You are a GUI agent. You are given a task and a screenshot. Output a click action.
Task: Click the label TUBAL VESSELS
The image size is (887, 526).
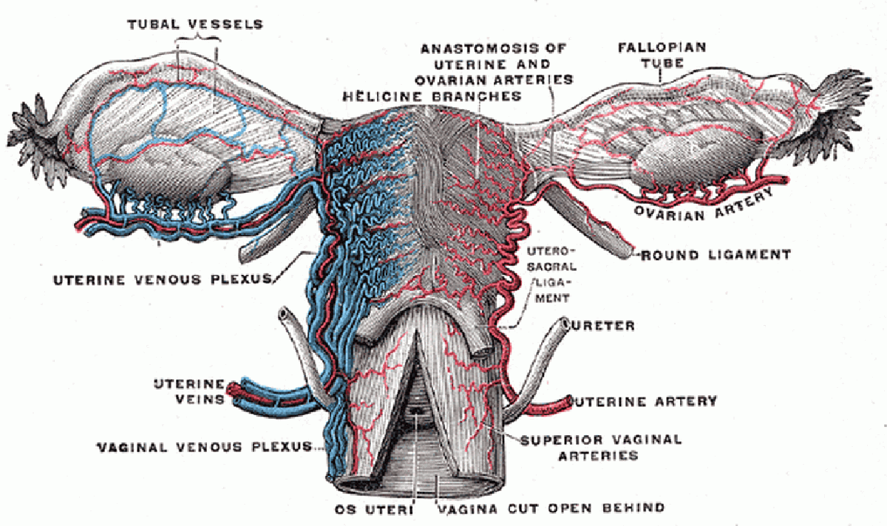pyautogui.click(x=195, y=24)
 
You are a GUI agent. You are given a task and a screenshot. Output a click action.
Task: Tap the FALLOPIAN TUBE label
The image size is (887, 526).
pyautogui.click(x=662, y=55)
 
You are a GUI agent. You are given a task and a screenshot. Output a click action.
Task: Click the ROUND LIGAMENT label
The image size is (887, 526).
pyautogui.click(x=716, y=255)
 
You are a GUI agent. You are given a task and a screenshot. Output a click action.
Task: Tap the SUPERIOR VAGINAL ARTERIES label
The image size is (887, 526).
pyautogui.click(x=600, y=447)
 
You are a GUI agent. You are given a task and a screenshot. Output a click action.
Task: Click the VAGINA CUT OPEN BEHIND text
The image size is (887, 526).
pyautogui.click(x=551, y=508)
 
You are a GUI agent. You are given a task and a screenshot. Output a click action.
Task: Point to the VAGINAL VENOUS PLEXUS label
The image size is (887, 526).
pyautogui.click(x=206, y=447)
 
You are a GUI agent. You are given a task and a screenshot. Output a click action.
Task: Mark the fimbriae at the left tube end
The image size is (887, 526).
pyautogui.click(x=33, y=133)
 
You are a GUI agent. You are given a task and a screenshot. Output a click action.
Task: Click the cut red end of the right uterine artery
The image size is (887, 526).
pyautogui.click(x=566, y=403)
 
